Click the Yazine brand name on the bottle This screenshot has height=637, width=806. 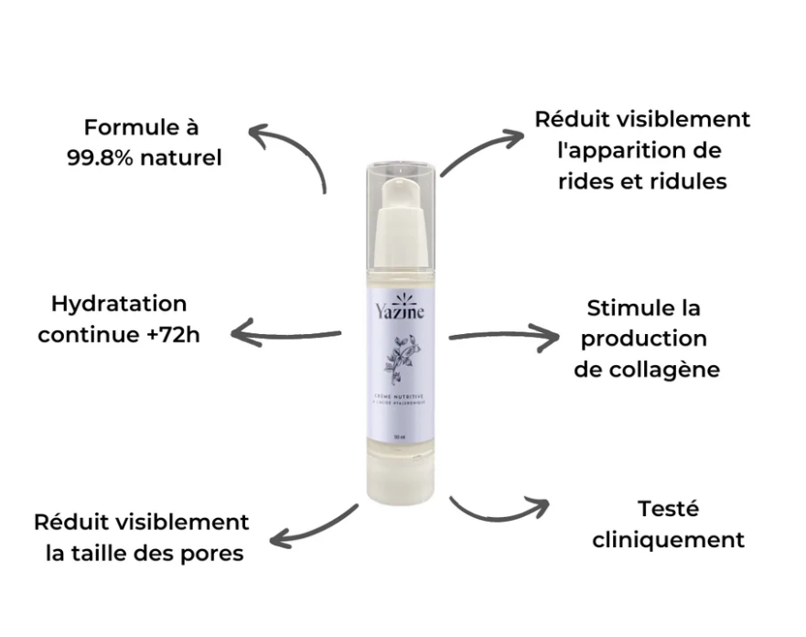point(400,314)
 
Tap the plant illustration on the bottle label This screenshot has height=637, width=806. point(400,360)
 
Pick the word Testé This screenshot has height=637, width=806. point(667,508)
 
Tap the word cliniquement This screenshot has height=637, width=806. point(668,540)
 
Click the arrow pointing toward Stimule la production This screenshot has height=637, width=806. point(503,337)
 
